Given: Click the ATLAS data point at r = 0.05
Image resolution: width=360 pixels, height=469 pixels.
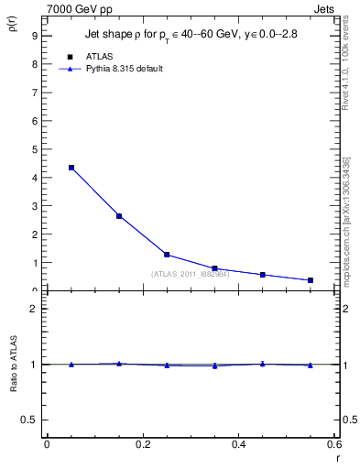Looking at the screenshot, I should (71, 168).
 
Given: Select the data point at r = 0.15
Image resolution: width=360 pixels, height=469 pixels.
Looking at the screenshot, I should (119, 216).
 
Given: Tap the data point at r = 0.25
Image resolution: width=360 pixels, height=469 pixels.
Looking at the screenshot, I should (167, 255).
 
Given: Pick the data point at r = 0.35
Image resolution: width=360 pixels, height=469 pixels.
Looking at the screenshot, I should (214, 268).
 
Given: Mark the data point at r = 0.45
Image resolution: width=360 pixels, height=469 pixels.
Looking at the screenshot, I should (263, 275).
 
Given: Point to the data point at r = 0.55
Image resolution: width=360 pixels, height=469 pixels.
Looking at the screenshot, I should (311, 280).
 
